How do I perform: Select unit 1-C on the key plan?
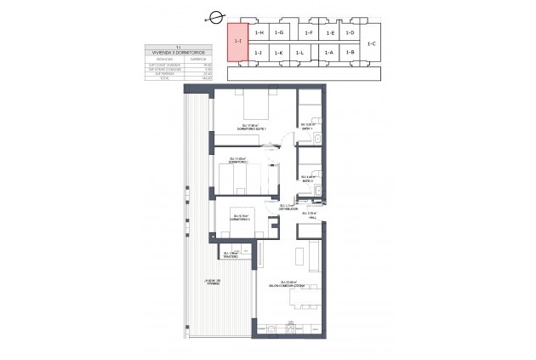tap(372, 43)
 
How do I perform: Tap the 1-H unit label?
tap(259, 32)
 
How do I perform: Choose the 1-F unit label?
tap(308, 32)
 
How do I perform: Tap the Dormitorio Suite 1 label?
tap(253, 129)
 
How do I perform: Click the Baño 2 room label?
tap(308, 180)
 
